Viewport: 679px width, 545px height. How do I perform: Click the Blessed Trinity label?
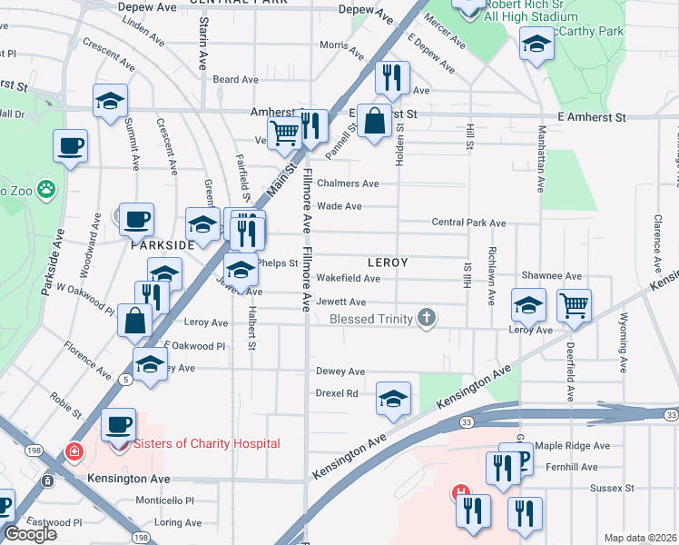point(370,318)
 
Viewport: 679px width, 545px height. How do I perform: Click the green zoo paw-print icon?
point(46,190)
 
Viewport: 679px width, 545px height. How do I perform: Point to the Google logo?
point(30,534)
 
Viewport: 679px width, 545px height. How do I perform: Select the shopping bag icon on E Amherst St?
point(374,119)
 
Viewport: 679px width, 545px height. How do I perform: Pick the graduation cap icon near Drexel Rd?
point(393,398)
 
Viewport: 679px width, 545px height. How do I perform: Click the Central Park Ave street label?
point(468,223)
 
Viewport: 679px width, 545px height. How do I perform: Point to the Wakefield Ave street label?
point(348,279)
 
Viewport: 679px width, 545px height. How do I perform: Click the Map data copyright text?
point(640,538)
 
